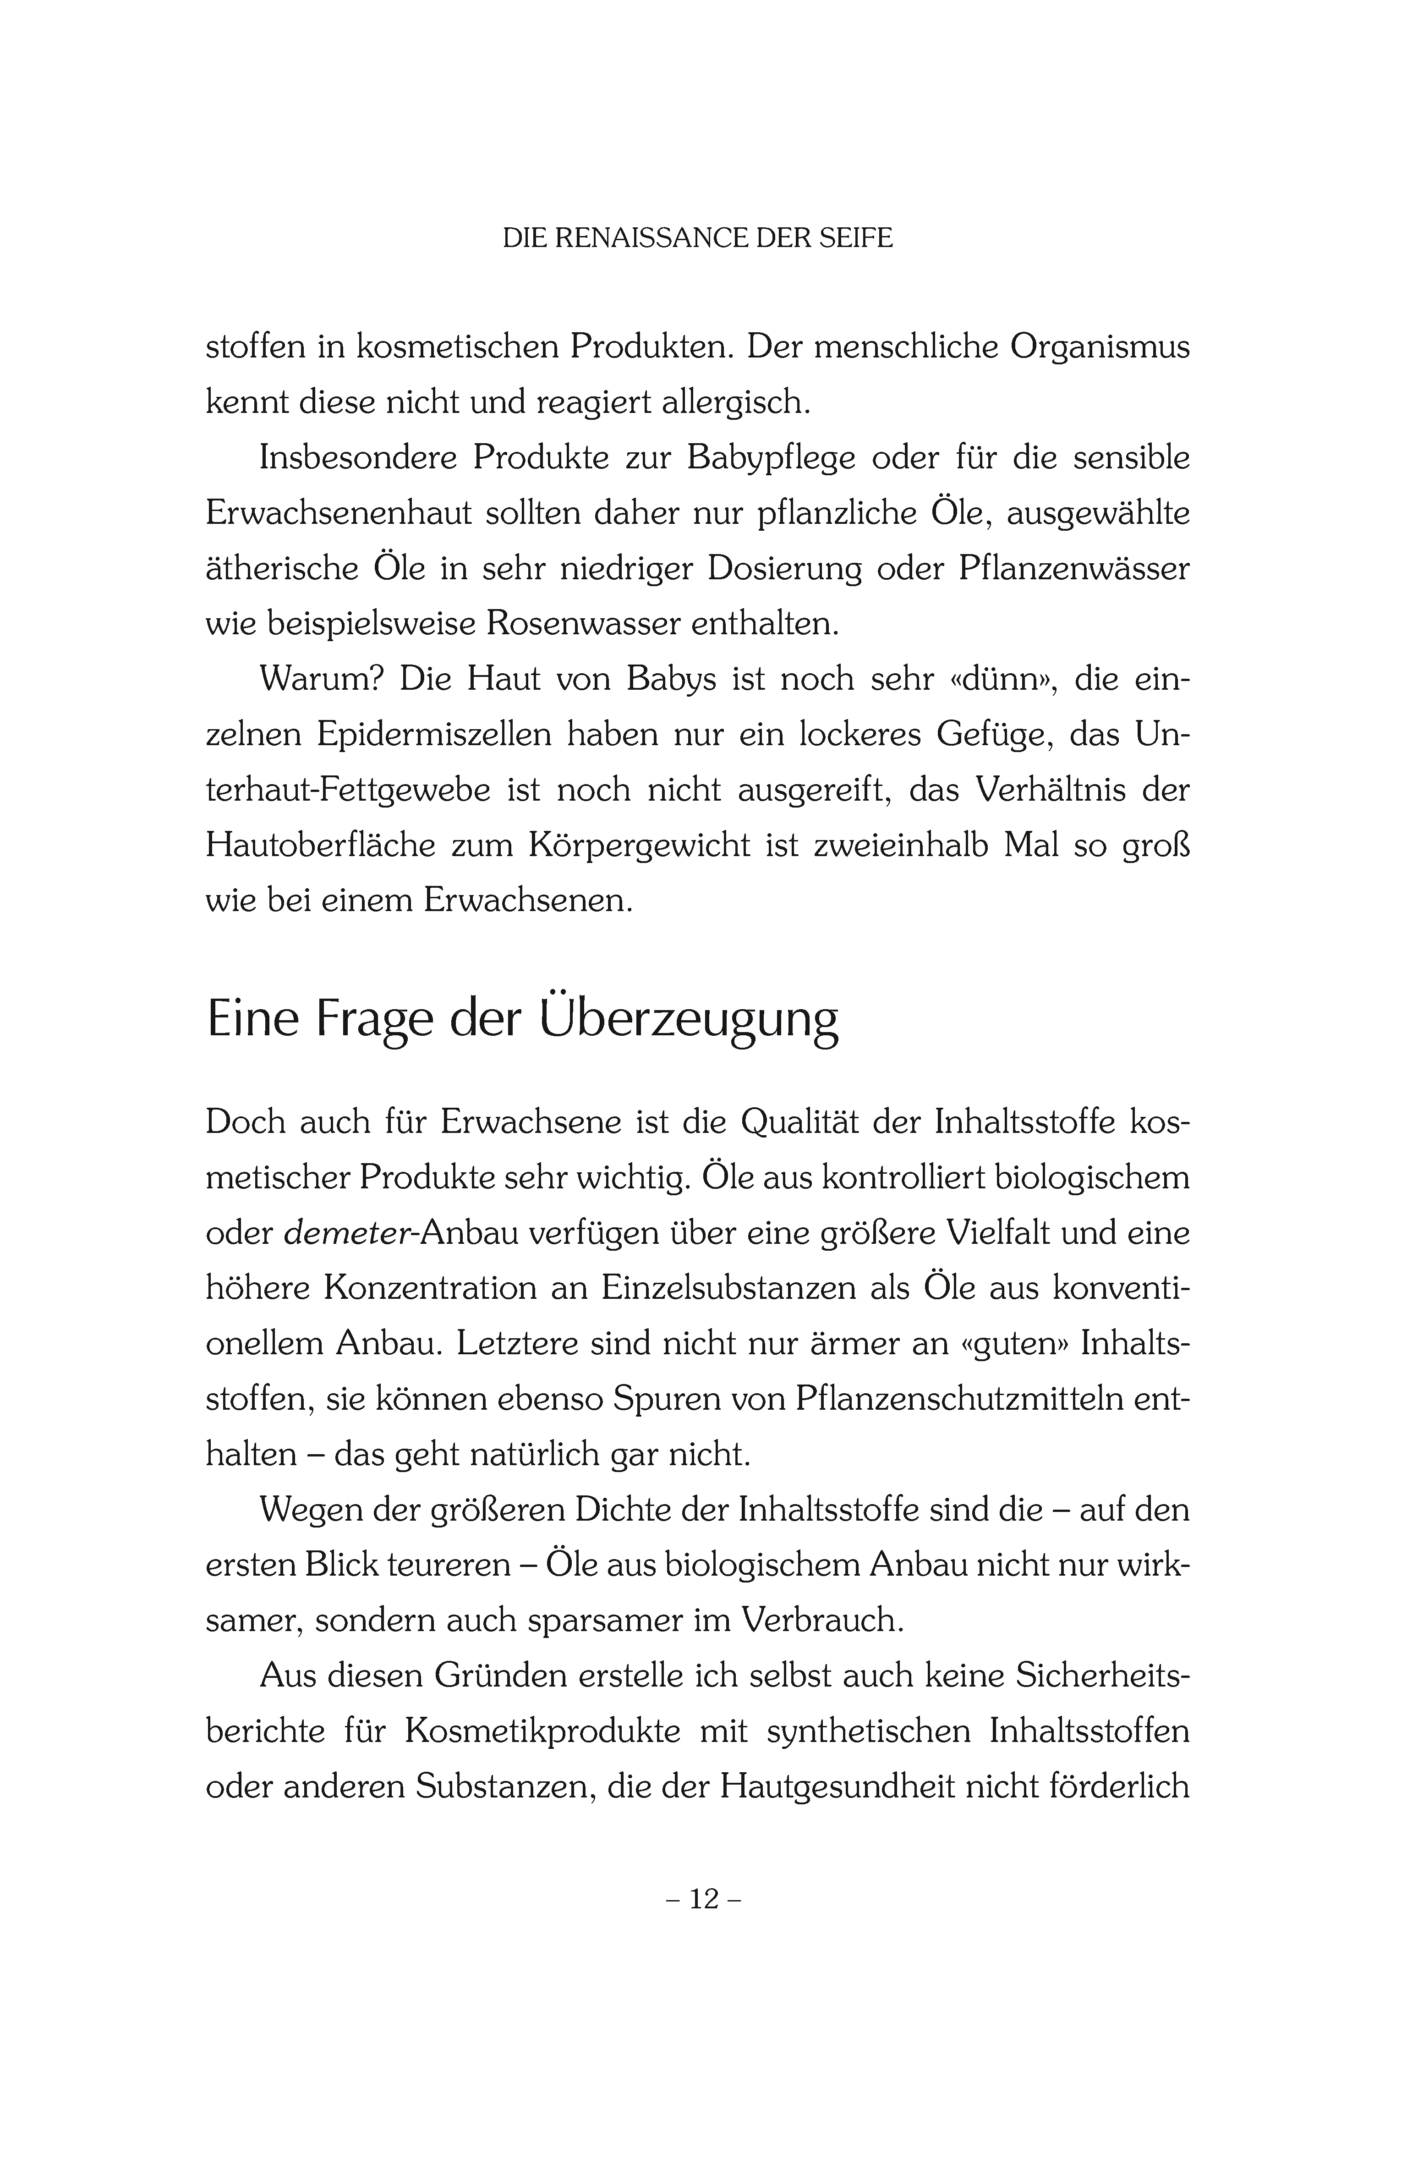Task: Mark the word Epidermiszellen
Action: coord(434,735)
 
